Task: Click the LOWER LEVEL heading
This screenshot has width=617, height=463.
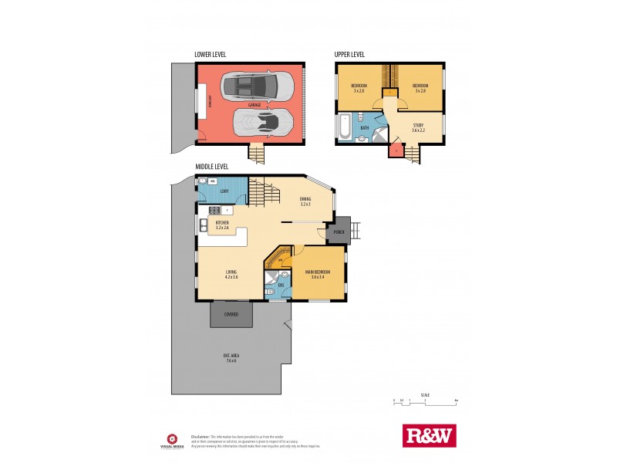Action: tap(210, 55)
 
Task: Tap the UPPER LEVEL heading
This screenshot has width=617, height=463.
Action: tap(349, 55)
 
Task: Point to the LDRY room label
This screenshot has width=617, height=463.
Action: tap(224, 191)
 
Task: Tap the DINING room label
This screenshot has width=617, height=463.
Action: tap(305, 201)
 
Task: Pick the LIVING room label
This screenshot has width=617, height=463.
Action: tap(231, 273)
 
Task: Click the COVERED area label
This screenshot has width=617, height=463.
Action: tap(231, 315)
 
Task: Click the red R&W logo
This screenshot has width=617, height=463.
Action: tap(430, 435)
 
